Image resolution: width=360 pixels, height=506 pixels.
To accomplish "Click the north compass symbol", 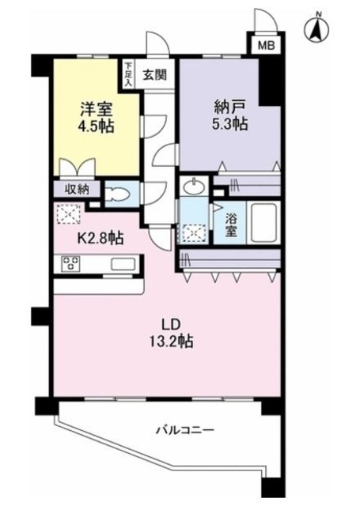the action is click(x=316, y=30).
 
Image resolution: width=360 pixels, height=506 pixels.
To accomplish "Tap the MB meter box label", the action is click(x=267, y=46).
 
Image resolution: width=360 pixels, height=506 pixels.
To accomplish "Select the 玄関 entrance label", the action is click(x=155, y=75).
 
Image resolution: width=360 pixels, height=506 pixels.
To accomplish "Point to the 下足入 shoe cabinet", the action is click(x=128, y=74).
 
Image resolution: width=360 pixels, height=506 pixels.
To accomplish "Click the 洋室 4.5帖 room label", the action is click(x=97, y=118).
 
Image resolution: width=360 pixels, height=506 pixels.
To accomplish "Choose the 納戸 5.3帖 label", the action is click(x=229, y=115).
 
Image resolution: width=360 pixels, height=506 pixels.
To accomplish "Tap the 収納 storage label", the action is click(x=78, y=190).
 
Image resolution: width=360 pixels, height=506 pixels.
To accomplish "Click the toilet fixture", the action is click(x=117, y=194).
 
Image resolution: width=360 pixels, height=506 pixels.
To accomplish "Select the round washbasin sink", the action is click(x=193, y=187).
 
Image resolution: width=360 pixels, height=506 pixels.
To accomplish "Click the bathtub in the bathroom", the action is click(x=263, y=223).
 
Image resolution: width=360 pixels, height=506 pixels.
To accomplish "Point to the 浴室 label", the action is click(x=230, y=224).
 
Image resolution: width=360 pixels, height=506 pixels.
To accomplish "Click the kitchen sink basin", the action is click(x=123, y=264).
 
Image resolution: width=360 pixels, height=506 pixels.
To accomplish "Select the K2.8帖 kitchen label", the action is click(x=100, y=239).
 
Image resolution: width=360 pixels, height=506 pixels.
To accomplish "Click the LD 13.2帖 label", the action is click(x=171, y=334).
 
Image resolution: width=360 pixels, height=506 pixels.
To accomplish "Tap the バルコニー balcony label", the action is click(x=185, y=430).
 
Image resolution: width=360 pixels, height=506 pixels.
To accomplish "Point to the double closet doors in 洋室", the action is click(x=78, y=168).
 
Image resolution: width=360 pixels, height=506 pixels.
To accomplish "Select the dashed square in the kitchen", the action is click(x=69, y=213).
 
